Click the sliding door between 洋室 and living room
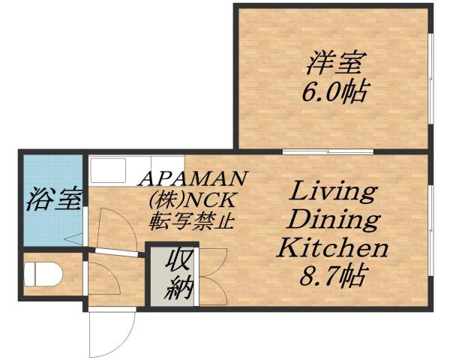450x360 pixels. [328, 152]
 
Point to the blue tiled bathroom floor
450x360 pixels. [51, 225]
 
